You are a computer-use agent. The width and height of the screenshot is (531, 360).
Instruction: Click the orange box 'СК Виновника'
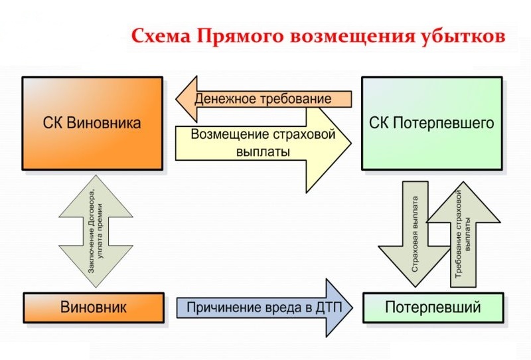pyautogui.click(x=92, y=124)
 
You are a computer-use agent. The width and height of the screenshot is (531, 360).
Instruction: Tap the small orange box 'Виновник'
pyautogui.click(x=93, y=308)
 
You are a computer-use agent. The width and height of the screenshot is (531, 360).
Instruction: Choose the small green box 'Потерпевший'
pyautogui.click(x=433, y=308)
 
